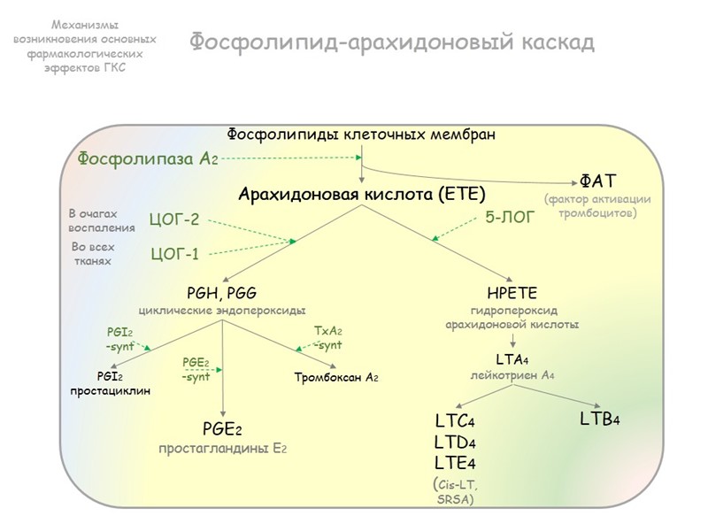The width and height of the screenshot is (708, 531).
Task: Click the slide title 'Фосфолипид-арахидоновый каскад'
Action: point(391,42)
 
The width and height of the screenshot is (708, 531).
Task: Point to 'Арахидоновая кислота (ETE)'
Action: point(361,194)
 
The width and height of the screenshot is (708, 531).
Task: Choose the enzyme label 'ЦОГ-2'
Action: point(174,219)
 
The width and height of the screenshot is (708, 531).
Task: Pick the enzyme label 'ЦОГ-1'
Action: point(174,255)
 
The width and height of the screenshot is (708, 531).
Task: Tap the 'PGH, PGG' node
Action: point(222,293)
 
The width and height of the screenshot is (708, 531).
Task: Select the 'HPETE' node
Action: point(512,293)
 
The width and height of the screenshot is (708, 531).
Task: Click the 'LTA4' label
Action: point(512,358)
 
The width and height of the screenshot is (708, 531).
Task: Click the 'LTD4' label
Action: point(456,442)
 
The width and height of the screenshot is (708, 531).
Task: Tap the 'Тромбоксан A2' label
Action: point(336,378)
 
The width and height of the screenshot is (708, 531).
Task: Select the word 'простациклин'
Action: point(111,390)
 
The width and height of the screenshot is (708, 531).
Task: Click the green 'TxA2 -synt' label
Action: point(328,337)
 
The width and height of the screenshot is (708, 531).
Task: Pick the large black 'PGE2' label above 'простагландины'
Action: point(221,430)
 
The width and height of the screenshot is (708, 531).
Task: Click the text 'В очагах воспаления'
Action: point(102,220)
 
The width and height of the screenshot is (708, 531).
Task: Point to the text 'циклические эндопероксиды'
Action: point(222,310)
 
